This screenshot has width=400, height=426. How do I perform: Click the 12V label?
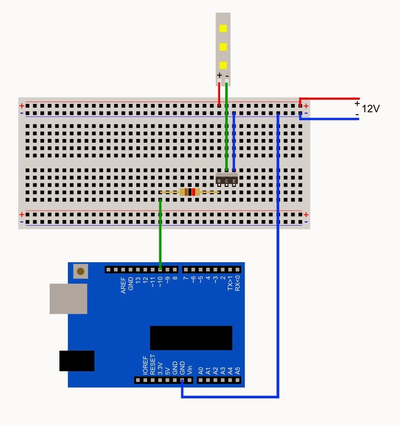coord(370,109)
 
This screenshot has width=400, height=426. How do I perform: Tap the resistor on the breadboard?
coord(190,192)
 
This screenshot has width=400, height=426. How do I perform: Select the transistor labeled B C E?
coord(227,179)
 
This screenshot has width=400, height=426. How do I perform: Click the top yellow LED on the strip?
coord(223,28)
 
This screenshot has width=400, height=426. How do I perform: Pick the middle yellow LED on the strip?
coord(223,47)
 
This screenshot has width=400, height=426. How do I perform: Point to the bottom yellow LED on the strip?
coord(223,65)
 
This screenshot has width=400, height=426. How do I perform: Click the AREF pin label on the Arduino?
coord(124,285)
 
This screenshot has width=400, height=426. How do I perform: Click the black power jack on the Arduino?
coord(77,361)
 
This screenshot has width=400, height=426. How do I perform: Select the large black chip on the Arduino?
coord(191,338)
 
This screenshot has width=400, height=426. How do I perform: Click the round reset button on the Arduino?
coord(81,271)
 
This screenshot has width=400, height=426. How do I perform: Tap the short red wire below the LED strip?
coord(219,95)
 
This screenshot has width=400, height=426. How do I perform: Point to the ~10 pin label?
coord(160,282)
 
